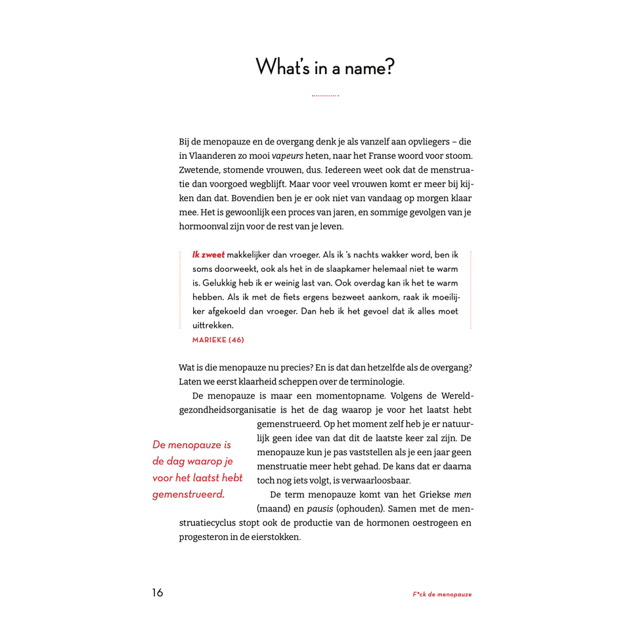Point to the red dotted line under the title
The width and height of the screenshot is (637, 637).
point(325,96)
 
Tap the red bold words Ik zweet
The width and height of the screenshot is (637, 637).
point(208,255)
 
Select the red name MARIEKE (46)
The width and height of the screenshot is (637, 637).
point(218,340)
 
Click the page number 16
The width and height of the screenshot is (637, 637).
point(158,593)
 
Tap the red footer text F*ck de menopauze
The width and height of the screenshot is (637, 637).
point(442,594)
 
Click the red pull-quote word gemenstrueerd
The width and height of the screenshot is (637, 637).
point(188,494)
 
